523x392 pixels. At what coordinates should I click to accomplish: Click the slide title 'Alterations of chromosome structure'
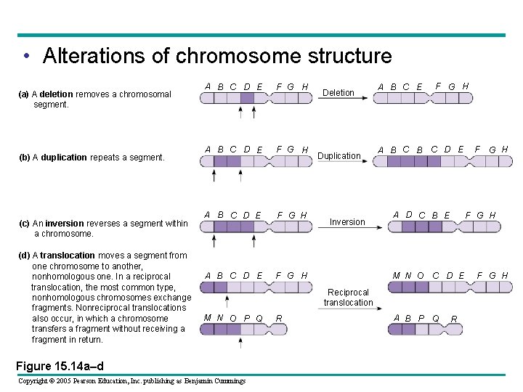(216, 56)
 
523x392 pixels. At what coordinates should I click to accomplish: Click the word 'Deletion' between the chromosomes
(338, 93)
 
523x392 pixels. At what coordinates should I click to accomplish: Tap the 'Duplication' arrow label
(338, 156)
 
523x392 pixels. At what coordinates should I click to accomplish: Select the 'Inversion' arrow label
(347, 222)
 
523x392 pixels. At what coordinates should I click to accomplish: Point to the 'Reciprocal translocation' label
(348, 298)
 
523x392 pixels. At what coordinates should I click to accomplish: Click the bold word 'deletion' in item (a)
(57, 94)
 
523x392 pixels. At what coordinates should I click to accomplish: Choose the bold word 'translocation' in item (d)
(68, 256)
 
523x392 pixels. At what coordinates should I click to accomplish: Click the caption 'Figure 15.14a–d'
(60, 366)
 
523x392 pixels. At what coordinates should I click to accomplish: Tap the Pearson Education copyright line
(131, 380)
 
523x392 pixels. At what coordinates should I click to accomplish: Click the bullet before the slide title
(26, 57)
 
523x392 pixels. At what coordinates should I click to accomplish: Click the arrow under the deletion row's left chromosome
(242, 112)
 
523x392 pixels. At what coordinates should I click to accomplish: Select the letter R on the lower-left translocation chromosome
(279, 319)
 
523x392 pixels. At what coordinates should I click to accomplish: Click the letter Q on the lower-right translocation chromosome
(436, 319)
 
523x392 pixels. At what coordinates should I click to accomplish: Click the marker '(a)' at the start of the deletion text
(23, 94)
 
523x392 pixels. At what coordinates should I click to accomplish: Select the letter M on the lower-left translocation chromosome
(208, 318)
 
